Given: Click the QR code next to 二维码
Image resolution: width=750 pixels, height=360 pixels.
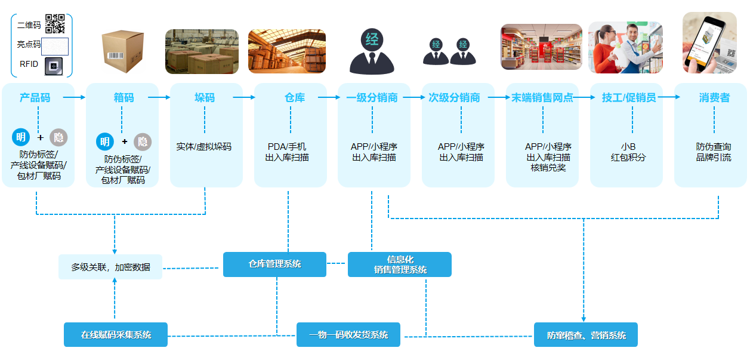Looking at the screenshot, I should [55, 23].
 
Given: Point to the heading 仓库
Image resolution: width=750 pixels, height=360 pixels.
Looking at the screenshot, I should [295, 97].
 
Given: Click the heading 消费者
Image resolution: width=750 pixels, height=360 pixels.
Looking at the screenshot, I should [714, 97].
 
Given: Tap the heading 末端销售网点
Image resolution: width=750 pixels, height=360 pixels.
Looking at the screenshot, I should [542, 97].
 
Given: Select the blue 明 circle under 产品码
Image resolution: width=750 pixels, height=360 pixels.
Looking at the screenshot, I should [21, 137].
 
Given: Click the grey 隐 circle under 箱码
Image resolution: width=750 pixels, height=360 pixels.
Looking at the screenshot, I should [143, 141].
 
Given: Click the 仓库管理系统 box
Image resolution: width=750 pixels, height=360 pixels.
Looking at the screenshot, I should [274, 264].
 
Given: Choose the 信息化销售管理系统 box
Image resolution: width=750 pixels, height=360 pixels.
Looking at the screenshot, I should [400, 264].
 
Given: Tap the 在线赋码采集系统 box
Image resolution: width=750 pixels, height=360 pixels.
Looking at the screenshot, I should [116, 334].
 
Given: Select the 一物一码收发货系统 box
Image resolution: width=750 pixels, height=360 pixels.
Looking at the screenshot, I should [348, 334].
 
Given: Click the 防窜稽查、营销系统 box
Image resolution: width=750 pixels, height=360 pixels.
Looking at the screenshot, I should [586, 334].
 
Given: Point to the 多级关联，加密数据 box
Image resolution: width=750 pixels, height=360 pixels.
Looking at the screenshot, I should [110, 267].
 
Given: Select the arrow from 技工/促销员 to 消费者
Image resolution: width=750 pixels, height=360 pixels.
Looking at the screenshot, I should [668, 97].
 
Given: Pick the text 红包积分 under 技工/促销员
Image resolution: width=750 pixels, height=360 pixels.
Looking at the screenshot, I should [628, 158].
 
